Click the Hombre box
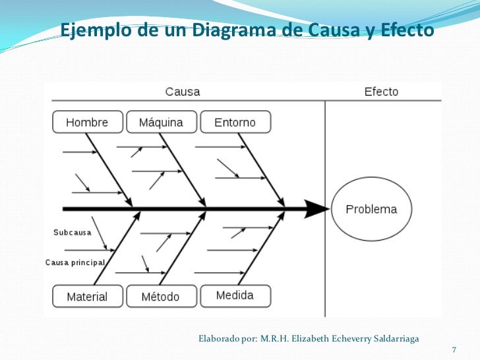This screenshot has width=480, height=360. (x=87, y=122)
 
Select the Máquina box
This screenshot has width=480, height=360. (x=161, y=122)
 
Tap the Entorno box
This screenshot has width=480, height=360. (x=235, y=122)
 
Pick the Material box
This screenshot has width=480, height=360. (x=87, y=297)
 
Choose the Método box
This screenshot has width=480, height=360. (x=160, y=297)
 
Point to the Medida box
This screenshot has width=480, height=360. (x=235, y=295)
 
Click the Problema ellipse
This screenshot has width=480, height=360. (x=371, y=210)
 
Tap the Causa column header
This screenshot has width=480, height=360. (x=183, y=92)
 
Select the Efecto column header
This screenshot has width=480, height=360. (x=381, y=92)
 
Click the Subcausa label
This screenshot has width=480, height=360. (x=73, y=232)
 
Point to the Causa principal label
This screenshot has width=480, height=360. (x=75, y=262)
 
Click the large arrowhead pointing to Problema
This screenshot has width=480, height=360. (x=317, y=210)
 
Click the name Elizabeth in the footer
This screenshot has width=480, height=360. (x=313, y=339)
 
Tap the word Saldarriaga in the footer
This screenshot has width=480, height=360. (x=394, y=339)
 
